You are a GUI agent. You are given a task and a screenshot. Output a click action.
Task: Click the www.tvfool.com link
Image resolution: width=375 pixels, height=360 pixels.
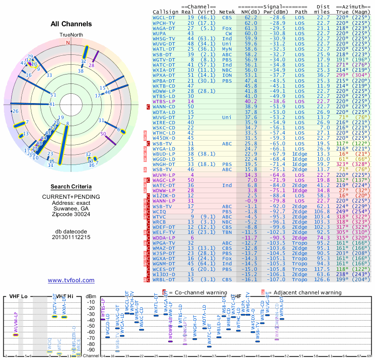tap(71, 280)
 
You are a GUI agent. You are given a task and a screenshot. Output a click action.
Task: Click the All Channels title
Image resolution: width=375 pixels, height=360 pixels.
tap(71, 24)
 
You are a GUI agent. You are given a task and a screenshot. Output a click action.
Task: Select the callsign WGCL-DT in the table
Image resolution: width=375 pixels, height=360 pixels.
tap(164, 17)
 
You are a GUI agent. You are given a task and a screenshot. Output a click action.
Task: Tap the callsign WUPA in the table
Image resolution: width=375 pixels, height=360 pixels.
tap(160, 34)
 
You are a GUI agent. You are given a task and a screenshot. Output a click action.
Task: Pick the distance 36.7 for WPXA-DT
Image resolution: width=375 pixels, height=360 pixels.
tap(323, 75)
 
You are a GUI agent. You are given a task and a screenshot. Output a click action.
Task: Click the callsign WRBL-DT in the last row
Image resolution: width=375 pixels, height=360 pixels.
tap(164, 279)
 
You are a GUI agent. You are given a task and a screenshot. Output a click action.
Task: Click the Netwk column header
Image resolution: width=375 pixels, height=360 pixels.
tap(227, 12)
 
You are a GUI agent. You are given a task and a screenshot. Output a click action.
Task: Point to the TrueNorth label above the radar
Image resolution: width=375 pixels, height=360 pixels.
tap(71, 35)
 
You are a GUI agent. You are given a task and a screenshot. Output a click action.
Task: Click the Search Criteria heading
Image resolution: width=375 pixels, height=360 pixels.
tap(71, 187)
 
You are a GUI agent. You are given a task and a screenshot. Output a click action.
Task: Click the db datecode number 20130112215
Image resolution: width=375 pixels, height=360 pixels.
tap(71, 237)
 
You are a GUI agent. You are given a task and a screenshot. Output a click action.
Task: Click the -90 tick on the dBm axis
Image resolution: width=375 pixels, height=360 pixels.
tap(91, 350)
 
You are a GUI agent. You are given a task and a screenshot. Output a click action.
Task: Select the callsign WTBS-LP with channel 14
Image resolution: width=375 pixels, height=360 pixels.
tap(164, 101)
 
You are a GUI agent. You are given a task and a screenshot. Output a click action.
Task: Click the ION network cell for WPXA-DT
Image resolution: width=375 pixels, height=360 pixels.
tap(227, 75)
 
